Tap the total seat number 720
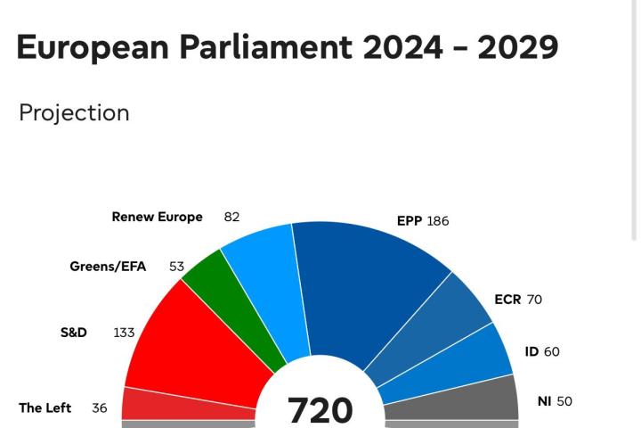tap(320, 409)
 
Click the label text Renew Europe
tap(157, 217)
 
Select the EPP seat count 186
tap(438, 221)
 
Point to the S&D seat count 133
tap(124, 333)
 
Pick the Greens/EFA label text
tap(108, 267)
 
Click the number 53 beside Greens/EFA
tap(176, 267)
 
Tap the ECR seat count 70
tap(534, 300)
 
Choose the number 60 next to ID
tap(552, 352)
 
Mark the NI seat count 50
tap(564, 402)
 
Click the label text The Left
tap(45, 408)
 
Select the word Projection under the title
tap(74, 113)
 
